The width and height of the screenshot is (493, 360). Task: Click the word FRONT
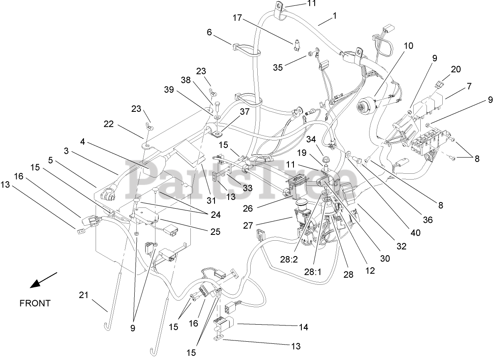[x=35, y=303]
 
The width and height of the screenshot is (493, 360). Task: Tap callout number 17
[x=237, y=18]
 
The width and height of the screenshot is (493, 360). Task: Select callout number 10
[x=408, y=46]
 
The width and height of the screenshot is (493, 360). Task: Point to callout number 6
[x=209, y=32]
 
